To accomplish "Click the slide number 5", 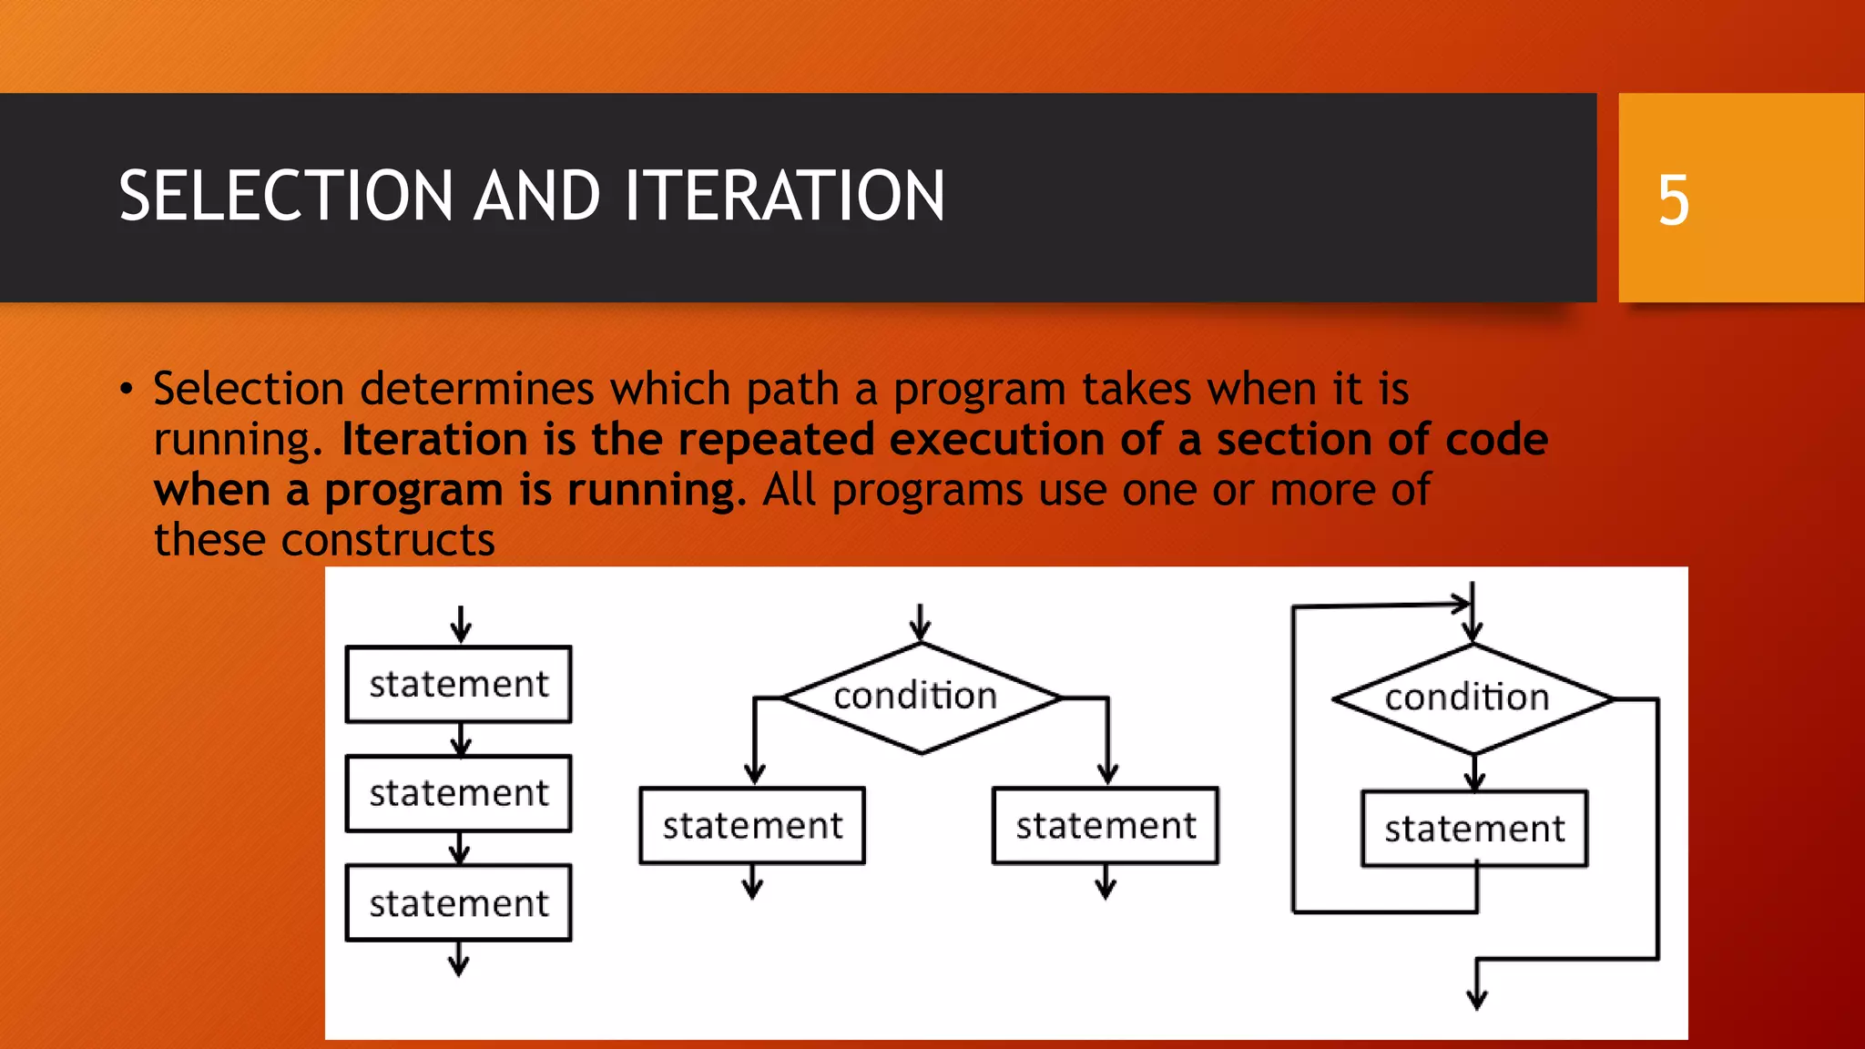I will (x=1673, y=199).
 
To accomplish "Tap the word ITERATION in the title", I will (x=784, y=197).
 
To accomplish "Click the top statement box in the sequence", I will (x=459, y=685).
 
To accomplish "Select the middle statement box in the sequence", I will (x=459, y=793).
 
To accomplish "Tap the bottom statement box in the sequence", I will (x=459, y=903).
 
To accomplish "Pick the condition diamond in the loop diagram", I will (x=1472, y=698).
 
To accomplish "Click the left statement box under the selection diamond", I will (x=752, y=826).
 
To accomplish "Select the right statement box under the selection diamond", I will (x=1106, y=826).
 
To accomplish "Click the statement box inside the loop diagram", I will (x=1474, y=829).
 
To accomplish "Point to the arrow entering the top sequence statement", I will (x=461, y=626).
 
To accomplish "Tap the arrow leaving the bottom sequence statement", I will (x=459, y=961).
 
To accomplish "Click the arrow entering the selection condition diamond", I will (x=920, y=624).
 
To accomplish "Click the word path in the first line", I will (x=792, y=390).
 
